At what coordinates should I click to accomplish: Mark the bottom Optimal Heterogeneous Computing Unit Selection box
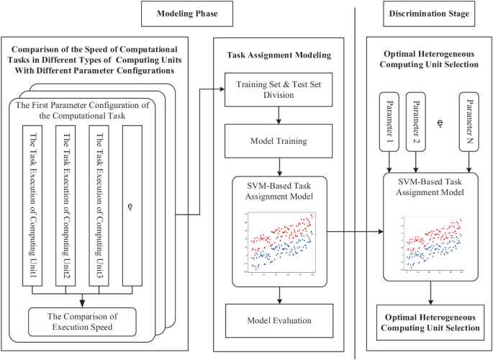pyautogui.click(x=430, y=322)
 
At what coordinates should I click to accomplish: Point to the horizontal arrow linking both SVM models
pyautogui.click(x=353, y=232)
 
